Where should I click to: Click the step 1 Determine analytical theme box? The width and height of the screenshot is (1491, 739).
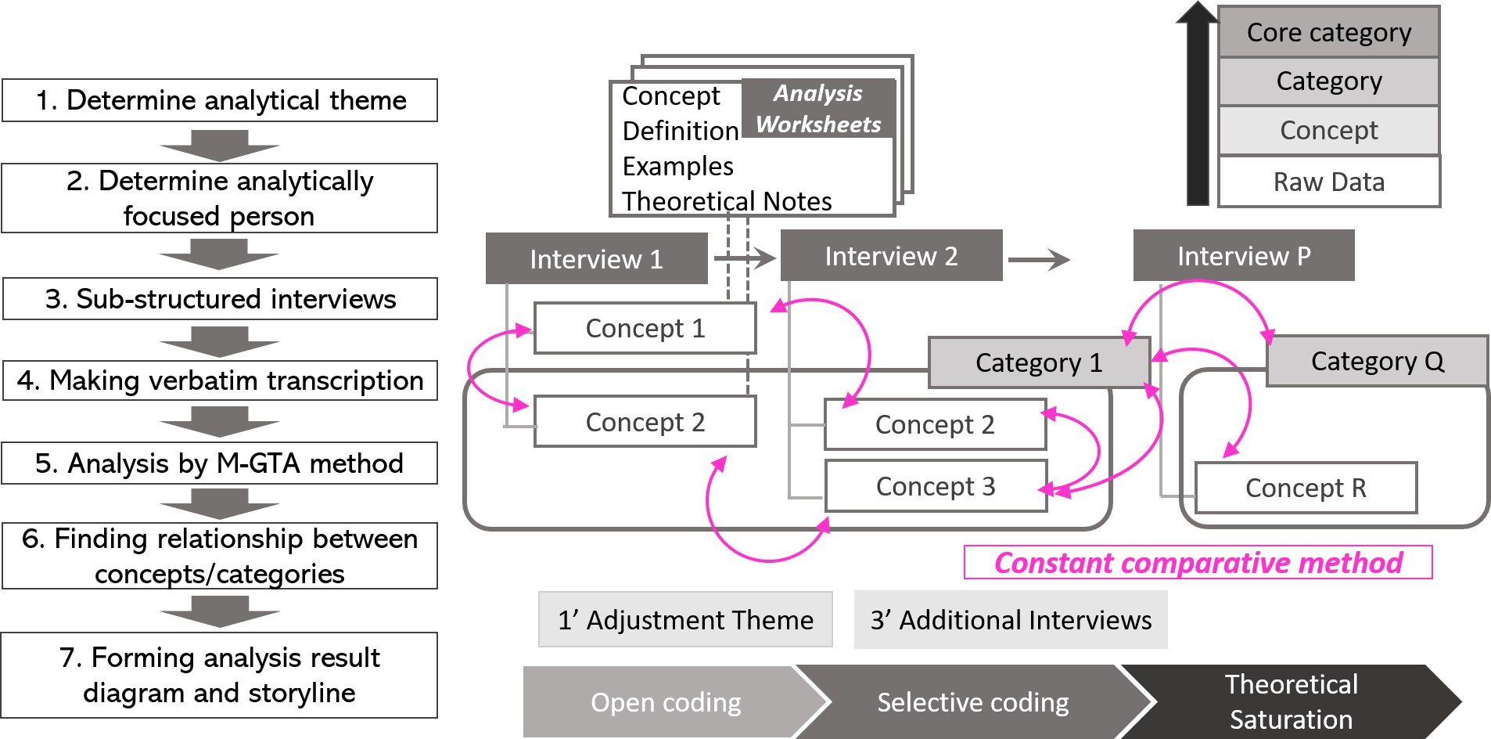[x=220, y=100]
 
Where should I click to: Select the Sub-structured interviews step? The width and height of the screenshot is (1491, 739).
[x=220, y=299]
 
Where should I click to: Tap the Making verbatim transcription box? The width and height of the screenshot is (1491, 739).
[x=220, y=380]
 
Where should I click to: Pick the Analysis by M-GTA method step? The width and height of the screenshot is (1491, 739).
[x=220, y=463]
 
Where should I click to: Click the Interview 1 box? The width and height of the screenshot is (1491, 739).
[x=596, y=258]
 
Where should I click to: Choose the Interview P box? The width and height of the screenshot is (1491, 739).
[x=1244, y=256]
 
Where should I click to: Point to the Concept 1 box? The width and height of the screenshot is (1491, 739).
[x=645, y=328]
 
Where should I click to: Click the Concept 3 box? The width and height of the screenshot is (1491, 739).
[x=936, y=486]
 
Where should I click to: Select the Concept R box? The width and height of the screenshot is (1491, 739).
[x=1306, y=488]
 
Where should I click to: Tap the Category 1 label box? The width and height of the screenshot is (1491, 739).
[x=1039, y=362]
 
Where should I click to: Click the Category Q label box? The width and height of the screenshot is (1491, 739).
[x=1377, y=361]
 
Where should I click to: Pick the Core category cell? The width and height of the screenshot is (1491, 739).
[x=1329, y=32]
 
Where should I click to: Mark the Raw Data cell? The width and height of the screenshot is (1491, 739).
[x=1329, y=182]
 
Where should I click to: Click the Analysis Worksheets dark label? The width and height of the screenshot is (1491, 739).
[x=818, y=109]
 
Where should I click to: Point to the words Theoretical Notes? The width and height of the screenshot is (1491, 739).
[x=727, y=201]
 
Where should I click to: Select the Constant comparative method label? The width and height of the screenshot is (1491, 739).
[x=1198, y=563]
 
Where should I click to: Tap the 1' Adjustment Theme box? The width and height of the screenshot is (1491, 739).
[x=685, y=620]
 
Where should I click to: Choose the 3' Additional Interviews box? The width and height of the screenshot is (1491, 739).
[x=1011, y=620]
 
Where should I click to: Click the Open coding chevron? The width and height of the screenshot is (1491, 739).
[x=666, y=702]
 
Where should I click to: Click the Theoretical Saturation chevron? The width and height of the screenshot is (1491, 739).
[x=1291, y=701]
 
